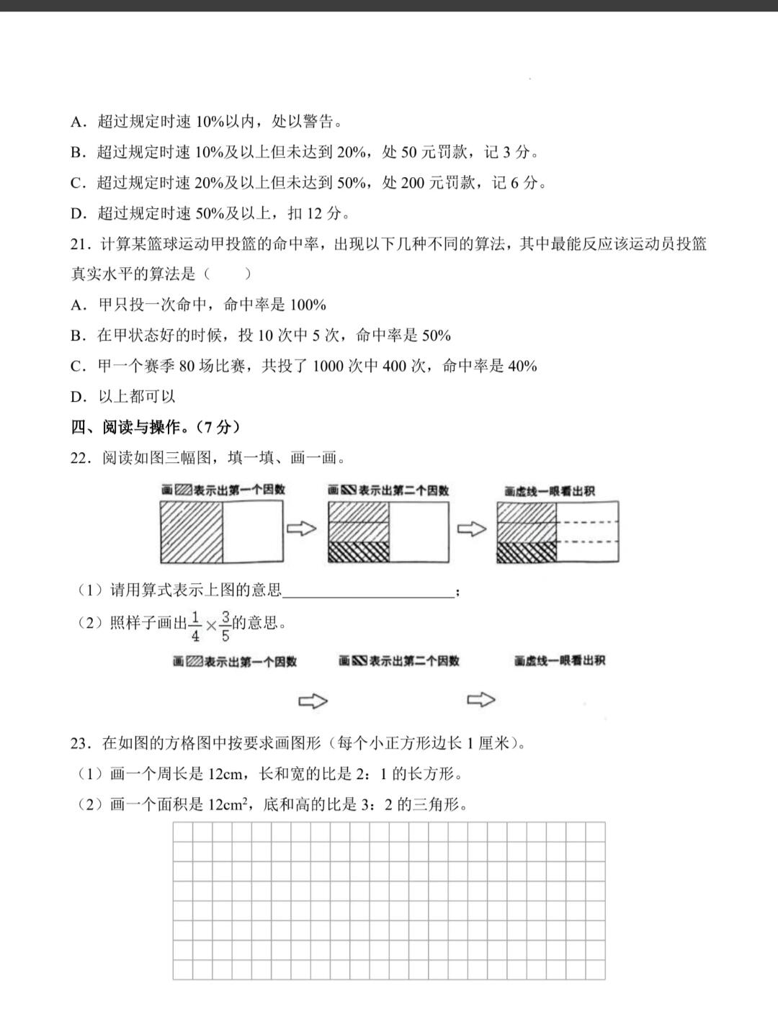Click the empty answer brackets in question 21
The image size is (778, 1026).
(x=228, y=274)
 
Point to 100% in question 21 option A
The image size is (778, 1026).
(x=308, y=305)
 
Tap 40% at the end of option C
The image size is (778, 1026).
(x=522, y=366)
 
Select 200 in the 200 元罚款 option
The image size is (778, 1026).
(x=413, y=183)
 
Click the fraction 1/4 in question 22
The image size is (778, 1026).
(x=195, y=626)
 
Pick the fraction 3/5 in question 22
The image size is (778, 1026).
(x=225, y=626)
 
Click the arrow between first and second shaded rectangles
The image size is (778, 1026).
(x=302, y=529)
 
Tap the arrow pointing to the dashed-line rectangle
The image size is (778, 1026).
(x=472, y=529)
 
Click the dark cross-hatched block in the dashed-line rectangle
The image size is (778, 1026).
(x=527, y=552)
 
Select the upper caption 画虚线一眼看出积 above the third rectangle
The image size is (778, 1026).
(x=550, y=491)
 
